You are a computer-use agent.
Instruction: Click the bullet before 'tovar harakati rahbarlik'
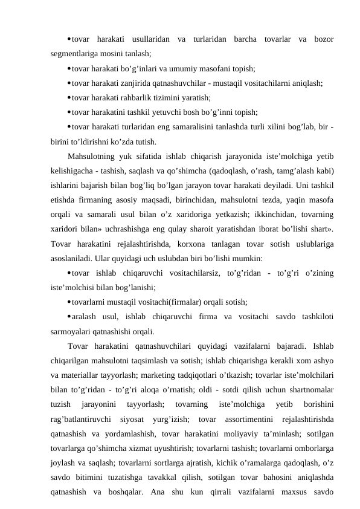pyautogui.click(x=69, y=97)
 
